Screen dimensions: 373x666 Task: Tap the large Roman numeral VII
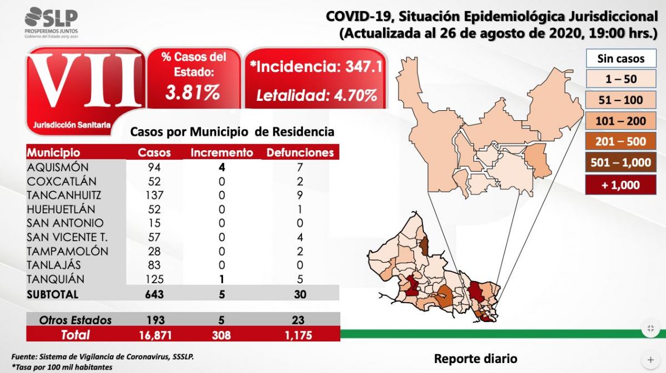pyautogui.click(x=83, y=82)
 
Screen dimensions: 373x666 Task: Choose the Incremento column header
pyautogui.click(x=221, y=152)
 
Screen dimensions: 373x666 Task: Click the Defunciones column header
pyautogui.click(x=300, y=152)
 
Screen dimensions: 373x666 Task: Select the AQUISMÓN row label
pyautogui.click(x=58, y=167)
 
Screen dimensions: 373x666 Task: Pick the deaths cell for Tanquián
pyautogui.click(x=300, y=279)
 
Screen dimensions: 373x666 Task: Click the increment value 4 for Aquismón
pyautogui.click(x=222, y=167)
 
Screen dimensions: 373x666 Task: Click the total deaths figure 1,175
pyautogui.click(x=300, y=335)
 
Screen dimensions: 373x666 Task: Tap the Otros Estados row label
pyautogui.click(x=75, y=320)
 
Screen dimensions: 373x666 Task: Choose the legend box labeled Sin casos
pyautogui.click(x=620, y=58)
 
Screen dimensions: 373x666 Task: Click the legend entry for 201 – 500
pyautogui.click(x=620, y=141)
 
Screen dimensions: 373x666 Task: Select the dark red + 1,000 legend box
pyautogui.click(x=620, y=185)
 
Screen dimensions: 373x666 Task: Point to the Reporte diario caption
pyautogui.click(x=475, y=359)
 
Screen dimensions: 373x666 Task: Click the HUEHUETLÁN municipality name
pyautogui.click(x=61, y=209)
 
